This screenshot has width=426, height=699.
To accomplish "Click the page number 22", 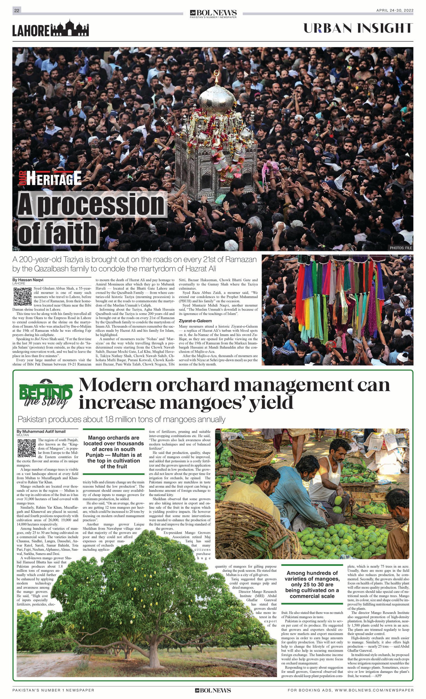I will pos(17,10).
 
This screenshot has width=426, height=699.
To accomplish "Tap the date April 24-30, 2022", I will pos(395,10).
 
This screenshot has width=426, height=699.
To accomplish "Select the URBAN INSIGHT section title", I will pos(358,28).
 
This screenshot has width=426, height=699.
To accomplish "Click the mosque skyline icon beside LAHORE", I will pos(69,29).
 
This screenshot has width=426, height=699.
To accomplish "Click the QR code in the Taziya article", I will pos(22,296).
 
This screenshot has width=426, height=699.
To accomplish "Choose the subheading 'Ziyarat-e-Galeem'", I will pos(195,321).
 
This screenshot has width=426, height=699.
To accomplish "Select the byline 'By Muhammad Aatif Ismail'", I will pos(42,432).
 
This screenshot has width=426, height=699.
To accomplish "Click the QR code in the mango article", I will pos(27,448).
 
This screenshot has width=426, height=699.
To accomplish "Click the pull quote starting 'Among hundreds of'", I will pos(312,584).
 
